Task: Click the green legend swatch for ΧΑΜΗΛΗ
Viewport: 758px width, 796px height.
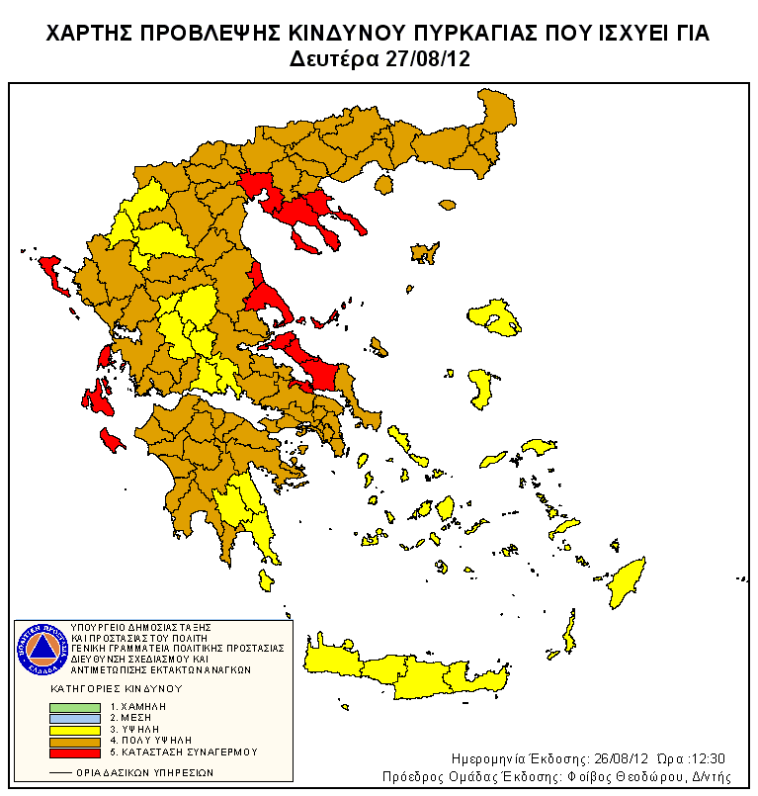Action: [x=75, y=707]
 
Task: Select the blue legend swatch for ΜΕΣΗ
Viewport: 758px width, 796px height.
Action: [x=75, y=718]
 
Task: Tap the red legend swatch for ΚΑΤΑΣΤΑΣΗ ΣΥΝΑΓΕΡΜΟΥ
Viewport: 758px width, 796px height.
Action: [x=75, y=752]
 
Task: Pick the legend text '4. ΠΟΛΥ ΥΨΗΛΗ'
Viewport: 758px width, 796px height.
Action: [x=150, y=740]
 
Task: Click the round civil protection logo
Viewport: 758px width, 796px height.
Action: [x=41, y=649]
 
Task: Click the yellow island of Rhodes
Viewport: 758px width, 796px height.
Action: [x=625, y=583]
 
